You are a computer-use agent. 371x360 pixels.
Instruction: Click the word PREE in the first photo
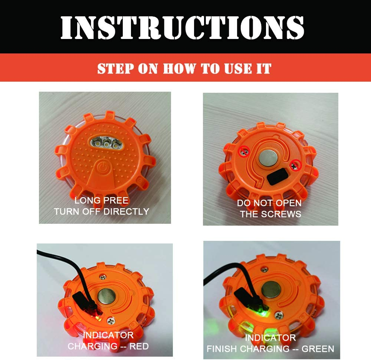coord(116,201)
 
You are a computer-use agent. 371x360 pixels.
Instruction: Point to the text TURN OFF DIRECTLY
coord(101,212)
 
